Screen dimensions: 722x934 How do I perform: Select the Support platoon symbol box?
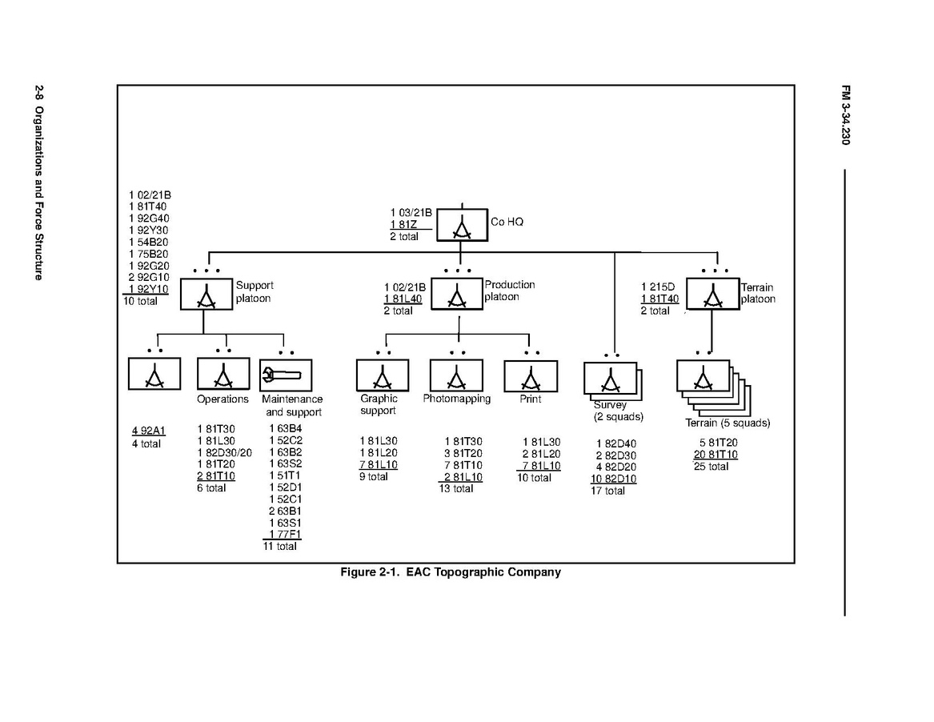point(206,294)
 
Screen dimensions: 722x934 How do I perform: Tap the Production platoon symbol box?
point(457,294)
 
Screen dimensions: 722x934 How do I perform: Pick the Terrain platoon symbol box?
point(712,294)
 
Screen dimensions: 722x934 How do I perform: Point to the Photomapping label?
point(457,399)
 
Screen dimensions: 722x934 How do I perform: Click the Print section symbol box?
point(530,375)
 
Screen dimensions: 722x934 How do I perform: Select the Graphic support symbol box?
point(382,375)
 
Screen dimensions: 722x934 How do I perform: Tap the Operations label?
point(222,399)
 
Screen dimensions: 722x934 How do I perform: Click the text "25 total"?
point(711,467)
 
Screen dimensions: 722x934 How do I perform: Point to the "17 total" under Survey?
point(608,491)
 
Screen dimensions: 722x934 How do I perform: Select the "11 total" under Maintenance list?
point(280,546)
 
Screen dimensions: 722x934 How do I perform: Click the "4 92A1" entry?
point(149,431)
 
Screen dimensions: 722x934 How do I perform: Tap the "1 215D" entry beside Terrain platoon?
point(657,287)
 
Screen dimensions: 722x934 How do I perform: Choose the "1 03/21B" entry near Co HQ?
point(411,212)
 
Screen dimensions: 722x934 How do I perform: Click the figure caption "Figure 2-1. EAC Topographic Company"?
point(451,572)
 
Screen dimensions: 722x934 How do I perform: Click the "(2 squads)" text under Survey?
point(619,417)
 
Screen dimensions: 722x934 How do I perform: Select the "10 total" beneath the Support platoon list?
point(140,301)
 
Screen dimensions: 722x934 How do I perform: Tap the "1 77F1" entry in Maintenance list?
point(285,534)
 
